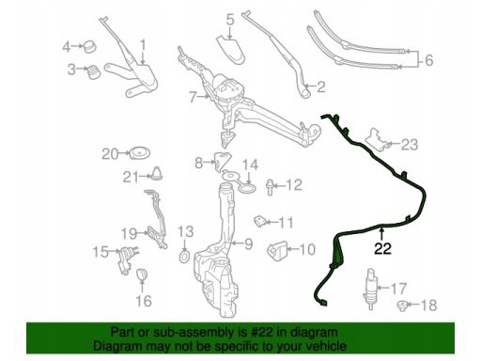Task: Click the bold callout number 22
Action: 382,248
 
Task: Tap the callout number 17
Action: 398,289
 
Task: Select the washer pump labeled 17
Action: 371,289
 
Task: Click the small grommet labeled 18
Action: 402,306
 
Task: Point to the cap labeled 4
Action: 89,47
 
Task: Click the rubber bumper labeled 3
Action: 93,72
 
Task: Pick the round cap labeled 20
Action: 140,153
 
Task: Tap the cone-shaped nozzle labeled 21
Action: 157,173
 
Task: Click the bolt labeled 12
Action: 270,187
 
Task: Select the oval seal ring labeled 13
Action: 184,256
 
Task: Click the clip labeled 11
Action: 260,221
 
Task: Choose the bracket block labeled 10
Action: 277,250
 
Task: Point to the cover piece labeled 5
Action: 231,49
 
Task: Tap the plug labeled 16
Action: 142,275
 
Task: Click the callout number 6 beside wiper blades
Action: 428,59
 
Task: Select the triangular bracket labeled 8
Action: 222,162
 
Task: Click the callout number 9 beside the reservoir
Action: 248,243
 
